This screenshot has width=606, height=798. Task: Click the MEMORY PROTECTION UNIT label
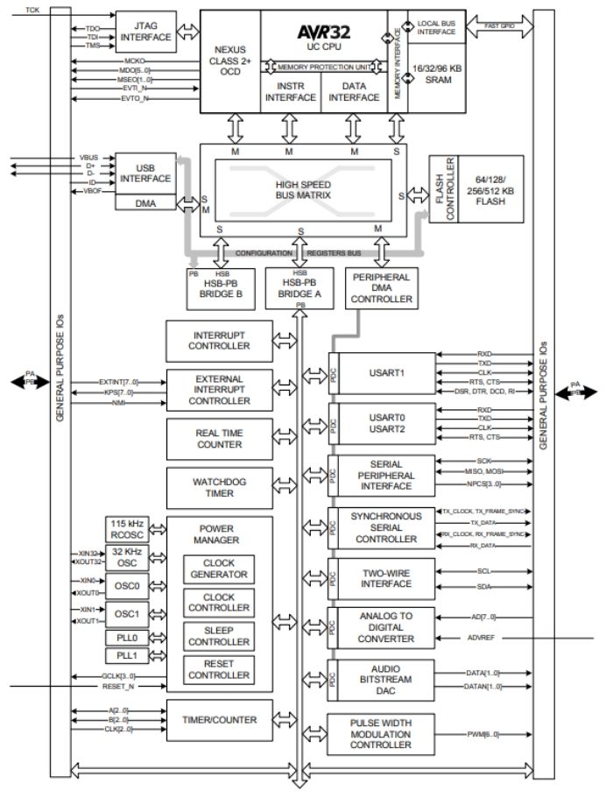324,66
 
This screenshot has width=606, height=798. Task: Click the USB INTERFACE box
144,173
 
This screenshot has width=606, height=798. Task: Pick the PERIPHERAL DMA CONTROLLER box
381,288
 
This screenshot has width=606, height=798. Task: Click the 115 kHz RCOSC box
126,528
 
